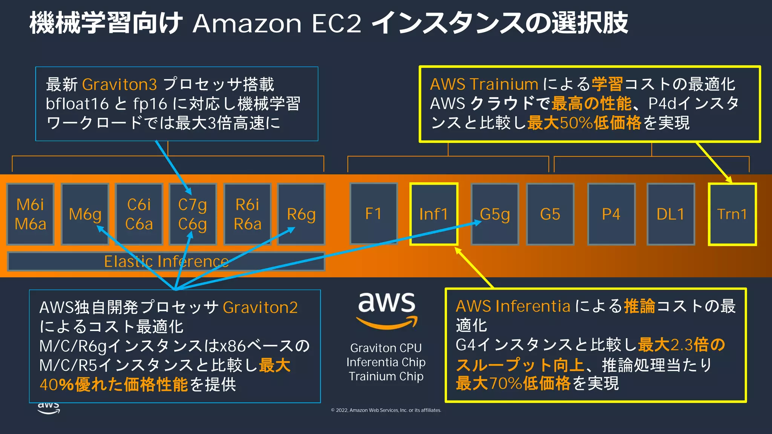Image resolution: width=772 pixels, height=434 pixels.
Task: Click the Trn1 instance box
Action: coord(732,214)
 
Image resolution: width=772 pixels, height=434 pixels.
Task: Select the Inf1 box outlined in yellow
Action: coord(433,214)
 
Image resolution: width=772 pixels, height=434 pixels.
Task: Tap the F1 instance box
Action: coord(373,214)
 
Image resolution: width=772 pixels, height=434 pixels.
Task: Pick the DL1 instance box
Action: coord(671,214)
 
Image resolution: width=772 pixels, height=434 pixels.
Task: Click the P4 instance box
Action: coord(611,214)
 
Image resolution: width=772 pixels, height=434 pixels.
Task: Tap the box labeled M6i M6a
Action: coord(31,214)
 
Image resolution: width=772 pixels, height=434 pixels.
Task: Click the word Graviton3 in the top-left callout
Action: coord(119,84)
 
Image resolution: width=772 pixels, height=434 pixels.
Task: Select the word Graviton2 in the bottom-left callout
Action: coord(260,307)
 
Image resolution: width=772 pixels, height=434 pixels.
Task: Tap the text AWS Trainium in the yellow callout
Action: coord(484,84)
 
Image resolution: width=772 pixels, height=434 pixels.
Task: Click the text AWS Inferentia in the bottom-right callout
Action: coord(513,306)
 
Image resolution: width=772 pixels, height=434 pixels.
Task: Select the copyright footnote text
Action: coord(386,410)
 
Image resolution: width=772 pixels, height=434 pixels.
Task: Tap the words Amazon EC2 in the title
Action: coord(277,23)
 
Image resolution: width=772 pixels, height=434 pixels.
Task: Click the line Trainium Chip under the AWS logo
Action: coord(386,376)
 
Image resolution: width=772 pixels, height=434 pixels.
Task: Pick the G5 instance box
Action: coord(550,214)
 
